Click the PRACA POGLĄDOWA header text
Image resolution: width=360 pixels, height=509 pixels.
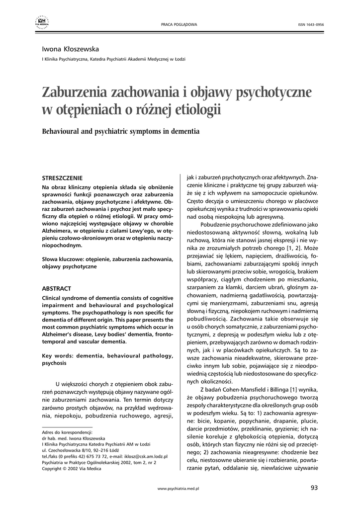(x=180, y=24)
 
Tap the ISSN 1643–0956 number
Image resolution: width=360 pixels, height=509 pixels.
(x=311, y=24)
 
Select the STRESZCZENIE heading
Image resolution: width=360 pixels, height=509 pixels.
(x=62, y=177)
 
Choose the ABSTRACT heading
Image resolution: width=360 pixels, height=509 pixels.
(x=56, y=288)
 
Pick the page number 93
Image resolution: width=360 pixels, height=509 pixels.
(x=313, y=487)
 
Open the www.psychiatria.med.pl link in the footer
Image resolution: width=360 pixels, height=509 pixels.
(x=178, y=489)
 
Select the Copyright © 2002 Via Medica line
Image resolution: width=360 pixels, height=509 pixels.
(x=72, y=468)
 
